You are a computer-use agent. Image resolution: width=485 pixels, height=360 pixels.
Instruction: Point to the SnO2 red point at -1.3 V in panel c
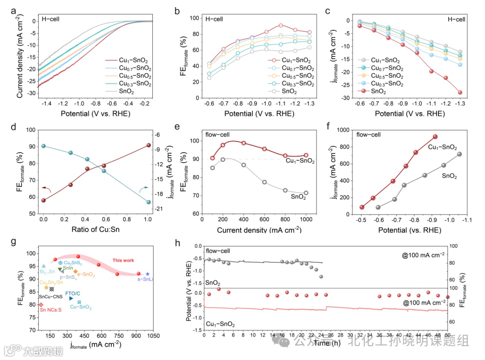(460, 92)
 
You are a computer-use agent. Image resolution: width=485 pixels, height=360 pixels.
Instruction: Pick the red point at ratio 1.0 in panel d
(149, 145)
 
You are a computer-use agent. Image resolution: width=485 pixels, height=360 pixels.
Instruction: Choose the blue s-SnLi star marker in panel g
(148, 274)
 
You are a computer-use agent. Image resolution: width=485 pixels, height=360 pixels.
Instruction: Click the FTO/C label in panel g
(73, 293)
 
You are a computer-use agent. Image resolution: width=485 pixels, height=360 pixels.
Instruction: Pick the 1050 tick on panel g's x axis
(153, 335)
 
